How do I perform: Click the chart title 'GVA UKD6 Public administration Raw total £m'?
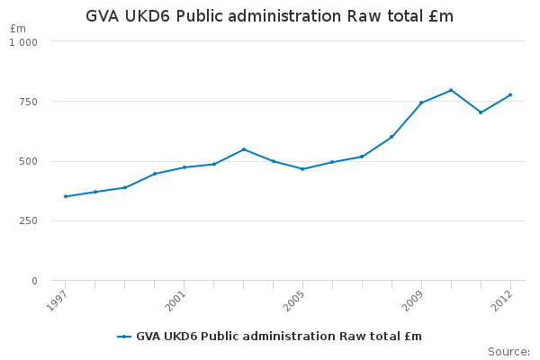(270, 16)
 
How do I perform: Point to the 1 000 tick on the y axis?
(23, 42)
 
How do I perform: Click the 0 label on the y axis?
(34, 282)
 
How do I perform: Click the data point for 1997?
(65, 196)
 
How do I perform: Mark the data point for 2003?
(243, 149)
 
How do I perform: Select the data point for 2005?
(302, 169)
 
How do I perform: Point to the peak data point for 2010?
(451, 90)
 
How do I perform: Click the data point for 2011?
(481, 112)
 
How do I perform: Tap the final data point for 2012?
(510, 94)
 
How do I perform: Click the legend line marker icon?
(124, 337)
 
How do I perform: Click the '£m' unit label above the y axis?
(18, 29)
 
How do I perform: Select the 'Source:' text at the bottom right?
(508, 351)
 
